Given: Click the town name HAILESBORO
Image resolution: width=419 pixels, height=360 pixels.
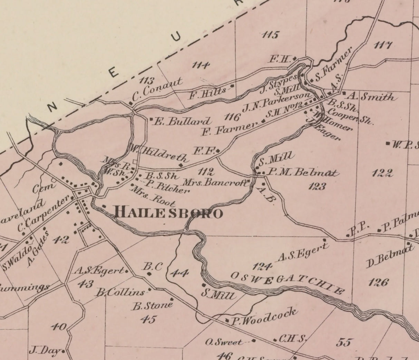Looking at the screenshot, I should (168, 213).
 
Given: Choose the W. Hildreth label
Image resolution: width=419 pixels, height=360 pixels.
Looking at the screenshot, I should (159, 153).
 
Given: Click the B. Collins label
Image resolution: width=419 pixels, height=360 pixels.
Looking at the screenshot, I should (121, 292).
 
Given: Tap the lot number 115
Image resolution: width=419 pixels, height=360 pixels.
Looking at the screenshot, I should (270, 35).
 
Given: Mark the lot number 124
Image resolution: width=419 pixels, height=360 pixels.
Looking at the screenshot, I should (262, 266).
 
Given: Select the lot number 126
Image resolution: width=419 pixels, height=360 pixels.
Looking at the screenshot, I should (378, 283).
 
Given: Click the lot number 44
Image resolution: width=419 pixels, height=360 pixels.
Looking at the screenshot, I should (180, 273).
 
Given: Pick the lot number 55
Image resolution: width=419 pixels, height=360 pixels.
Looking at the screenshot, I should (344, 342).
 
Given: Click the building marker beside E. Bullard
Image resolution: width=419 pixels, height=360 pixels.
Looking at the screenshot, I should (152, 119).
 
